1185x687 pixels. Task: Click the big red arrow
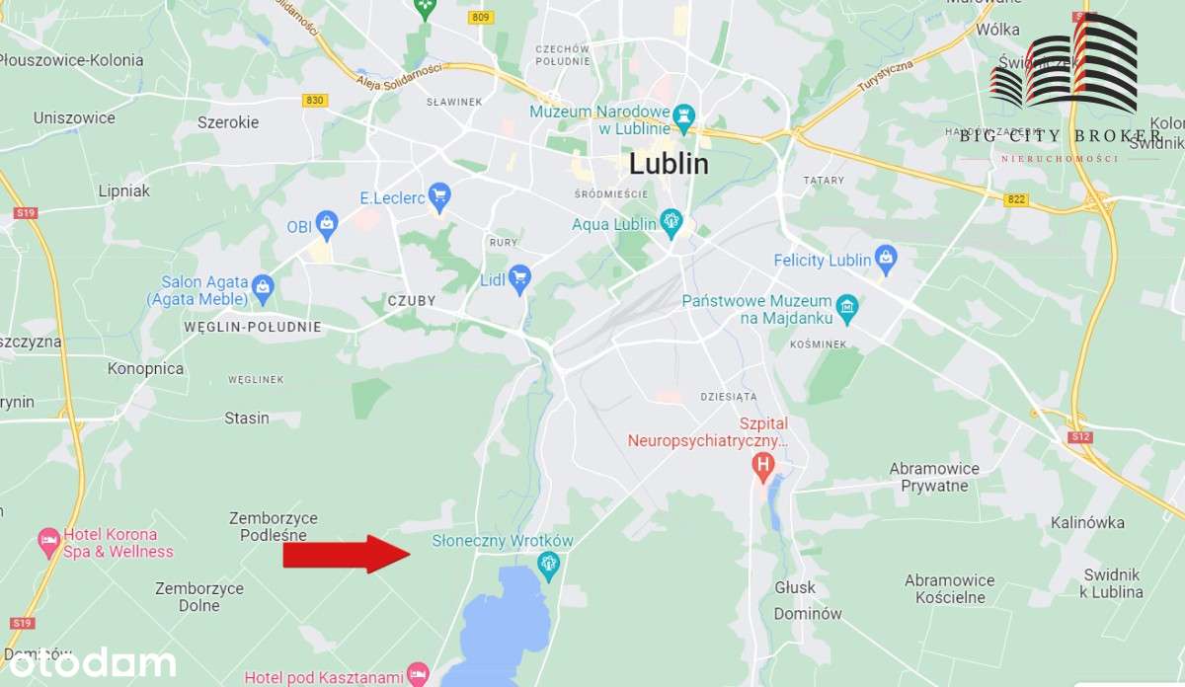click(x=346, y=554)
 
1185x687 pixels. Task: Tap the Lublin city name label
click(x=669, y=164)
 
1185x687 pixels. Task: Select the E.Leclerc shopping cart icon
click(x=439, y=194)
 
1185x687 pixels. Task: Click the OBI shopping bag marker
click(x=327, y=224)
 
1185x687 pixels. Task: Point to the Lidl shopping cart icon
click(x=519, y=278)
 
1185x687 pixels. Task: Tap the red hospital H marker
click(x=761, y=464)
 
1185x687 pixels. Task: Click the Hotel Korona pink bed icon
click(x=48, y=540)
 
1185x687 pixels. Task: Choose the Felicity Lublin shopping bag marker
click(x=886, y=259)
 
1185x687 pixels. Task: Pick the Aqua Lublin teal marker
click(x=671, y=221)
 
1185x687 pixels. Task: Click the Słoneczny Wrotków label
click(x=503, y=541)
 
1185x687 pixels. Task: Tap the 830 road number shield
click(x=315, y=101)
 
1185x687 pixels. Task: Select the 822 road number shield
click(x=1016, y=199)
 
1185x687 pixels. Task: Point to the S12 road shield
click(x=1078, y=435)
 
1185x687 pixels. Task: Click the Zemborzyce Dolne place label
click(x=199, y=596)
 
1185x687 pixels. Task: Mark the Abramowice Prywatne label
click(x=934, y=477)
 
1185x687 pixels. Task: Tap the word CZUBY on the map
click(x=412, y=300)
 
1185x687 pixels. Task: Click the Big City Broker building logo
click(x=1064, y=61)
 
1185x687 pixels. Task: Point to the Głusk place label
click(x=795, y=587)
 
